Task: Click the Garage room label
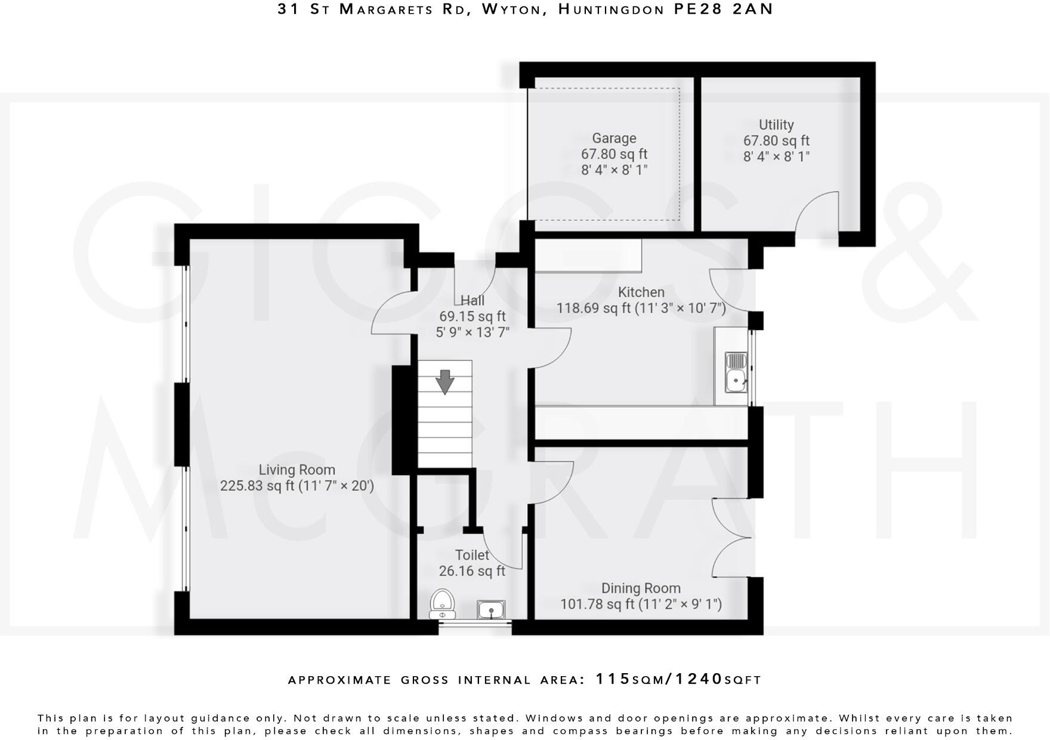click(x=614, y=138)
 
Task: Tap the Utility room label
click(x=776, y=125)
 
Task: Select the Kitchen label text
click(x=641, y=292)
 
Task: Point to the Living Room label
click(x=297, y=470)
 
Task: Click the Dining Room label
click(x=641, y=588)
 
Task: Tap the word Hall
click(x=472, y=300)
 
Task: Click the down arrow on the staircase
click(x=444, y=382)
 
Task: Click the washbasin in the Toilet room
click(x=491, y=609)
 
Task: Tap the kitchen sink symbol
click(x=736, y=372)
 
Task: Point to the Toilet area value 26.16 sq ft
click(x=472, y=571)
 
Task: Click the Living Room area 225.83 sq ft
click(x=257, y=486)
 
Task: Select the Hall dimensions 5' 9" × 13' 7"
click(x=472, y=332)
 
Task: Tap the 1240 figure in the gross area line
click(x=699, y=679)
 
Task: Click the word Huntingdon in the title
click(x=611, y=9)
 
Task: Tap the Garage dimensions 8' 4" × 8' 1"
click(x=614, y=169)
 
